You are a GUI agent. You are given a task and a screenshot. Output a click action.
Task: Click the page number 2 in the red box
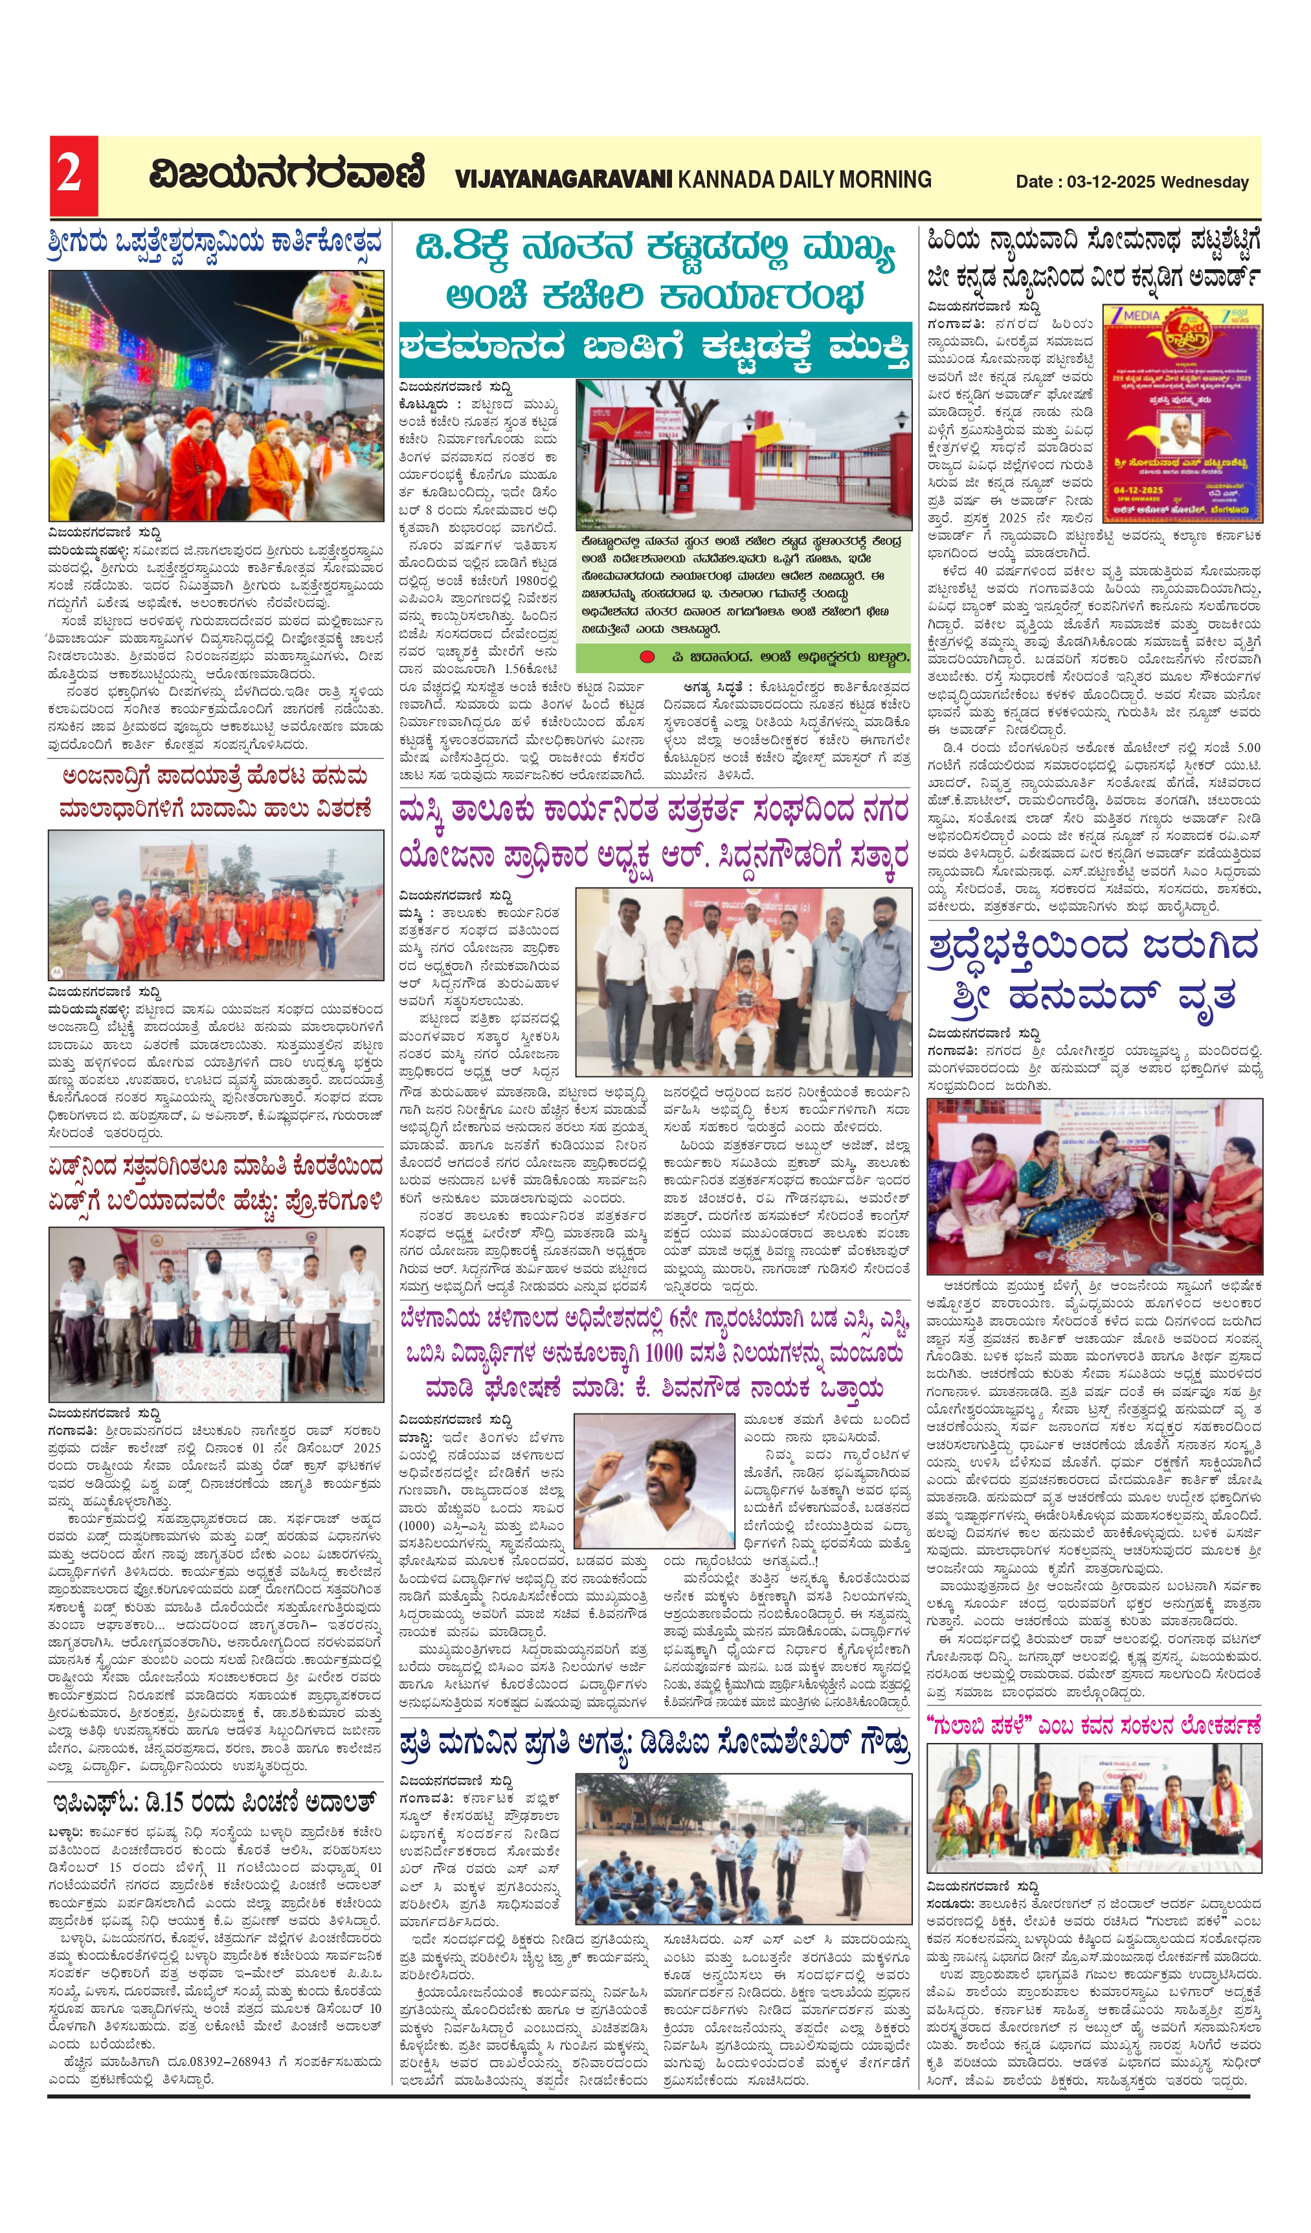72,175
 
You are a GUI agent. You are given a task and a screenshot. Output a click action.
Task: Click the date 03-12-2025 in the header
1112,182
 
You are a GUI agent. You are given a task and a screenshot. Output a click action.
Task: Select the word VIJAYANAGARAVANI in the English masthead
564,179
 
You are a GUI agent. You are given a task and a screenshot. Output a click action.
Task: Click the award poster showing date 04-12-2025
1182,415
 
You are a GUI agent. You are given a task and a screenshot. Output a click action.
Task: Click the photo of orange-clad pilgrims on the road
216,904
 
